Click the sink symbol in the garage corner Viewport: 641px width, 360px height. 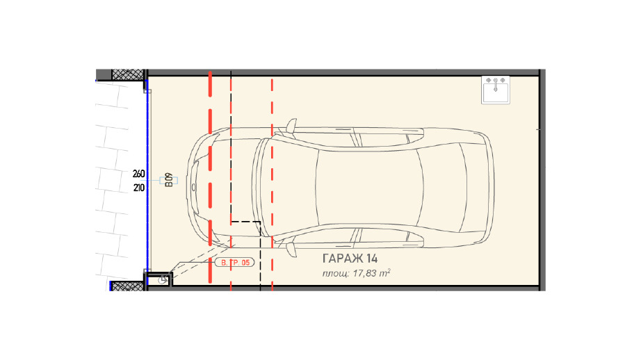coord(496,90)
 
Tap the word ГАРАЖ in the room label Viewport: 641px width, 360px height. coord(343,259)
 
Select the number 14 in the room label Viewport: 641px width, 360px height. coord(372,259)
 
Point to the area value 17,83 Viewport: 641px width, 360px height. coord(364,273)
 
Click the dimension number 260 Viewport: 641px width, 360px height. coord(138,174)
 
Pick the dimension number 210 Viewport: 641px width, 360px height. coord(138,188)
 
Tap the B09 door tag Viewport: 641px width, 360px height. coord(169,180)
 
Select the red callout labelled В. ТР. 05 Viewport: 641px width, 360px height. coord(235,262)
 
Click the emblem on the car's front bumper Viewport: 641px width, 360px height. coord(193,188)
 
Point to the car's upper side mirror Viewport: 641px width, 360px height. coord(291,126)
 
